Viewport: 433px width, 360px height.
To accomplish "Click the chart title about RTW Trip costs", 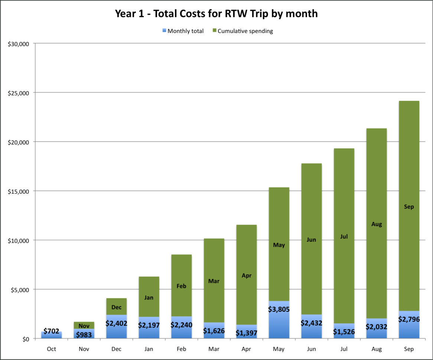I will pos(216,14).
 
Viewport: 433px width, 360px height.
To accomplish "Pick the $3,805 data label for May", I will pos(279,310).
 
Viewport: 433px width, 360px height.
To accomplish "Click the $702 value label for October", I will pos(51,331).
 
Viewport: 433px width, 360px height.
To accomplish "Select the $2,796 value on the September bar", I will pos(409,319).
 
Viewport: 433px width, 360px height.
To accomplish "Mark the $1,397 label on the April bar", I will pos(247,333).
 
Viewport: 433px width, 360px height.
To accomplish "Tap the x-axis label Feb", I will pos(182,349).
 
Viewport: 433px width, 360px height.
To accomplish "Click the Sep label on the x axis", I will pos(409,349).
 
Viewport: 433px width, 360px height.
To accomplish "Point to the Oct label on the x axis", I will pos(51,349).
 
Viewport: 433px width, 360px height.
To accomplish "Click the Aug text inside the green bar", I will pos(377,224).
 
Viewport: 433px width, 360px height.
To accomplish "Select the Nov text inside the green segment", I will pos(84,326).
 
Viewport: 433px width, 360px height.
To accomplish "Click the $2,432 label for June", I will pos(312,323).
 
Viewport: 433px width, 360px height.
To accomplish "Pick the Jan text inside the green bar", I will pos(149,298).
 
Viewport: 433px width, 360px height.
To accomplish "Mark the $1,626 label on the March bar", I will pos(214,330).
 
